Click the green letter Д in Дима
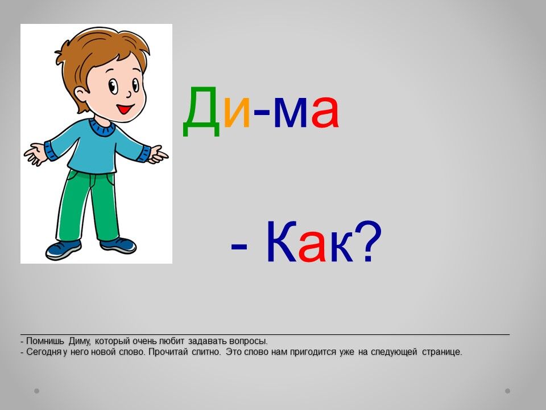point(201,111)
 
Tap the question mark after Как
point(369,241)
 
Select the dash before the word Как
point(239,247)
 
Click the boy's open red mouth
point(125,109)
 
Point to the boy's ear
point(81,96)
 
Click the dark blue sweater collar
point(101,128)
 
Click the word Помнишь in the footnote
point(45,341)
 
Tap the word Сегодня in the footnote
point(44,352)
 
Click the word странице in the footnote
point(442,352)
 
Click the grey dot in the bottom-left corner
point(36,391)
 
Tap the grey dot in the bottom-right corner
point(507,391)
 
